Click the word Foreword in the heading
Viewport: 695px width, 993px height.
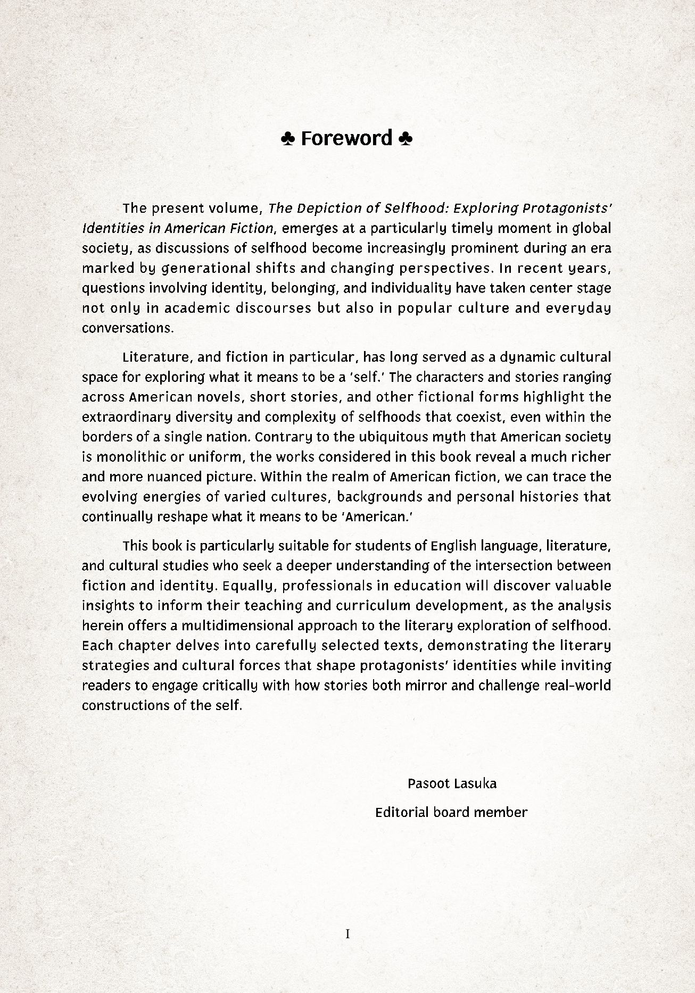click(346, 138)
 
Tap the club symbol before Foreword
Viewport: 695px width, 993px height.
click(287, 139)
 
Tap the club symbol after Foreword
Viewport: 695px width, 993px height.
click(405, 139)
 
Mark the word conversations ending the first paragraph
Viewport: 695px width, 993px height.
click(127, 328)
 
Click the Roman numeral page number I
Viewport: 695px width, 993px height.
click(348, 933)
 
